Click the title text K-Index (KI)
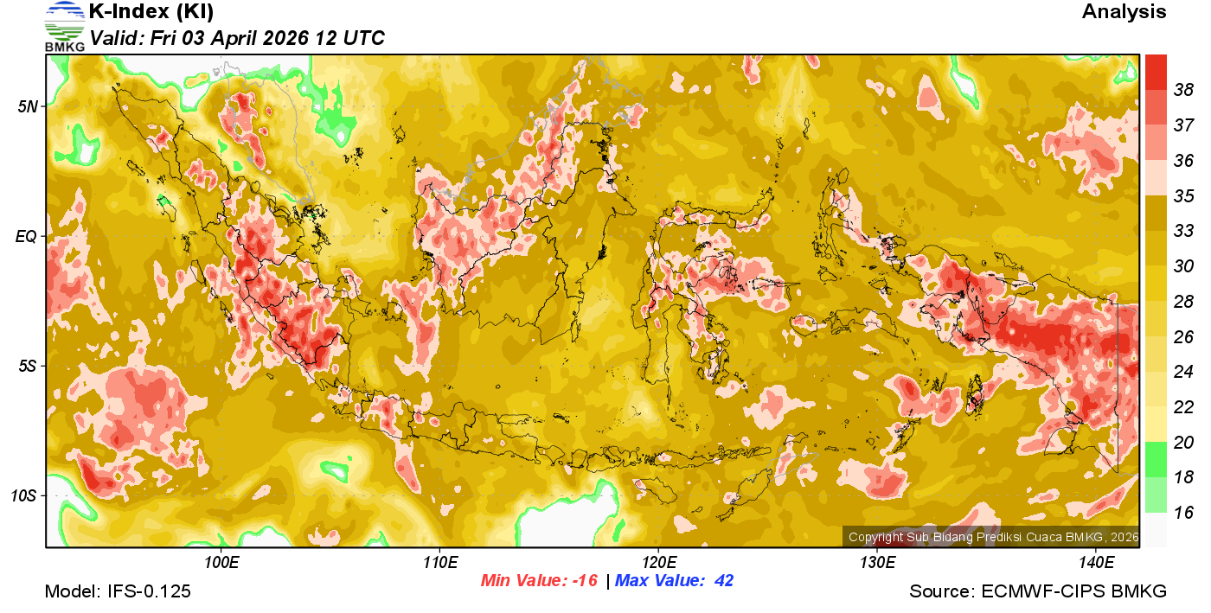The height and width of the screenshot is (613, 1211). [x=151, y=12]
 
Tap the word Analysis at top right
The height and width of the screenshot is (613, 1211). [x=1124, y=12]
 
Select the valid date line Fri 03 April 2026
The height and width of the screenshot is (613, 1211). [x=237, y=38]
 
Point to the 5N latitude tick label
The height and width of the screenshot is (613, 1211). [x=28, y=107]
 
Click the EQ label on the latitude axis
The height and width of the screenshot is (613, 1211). [x=27, y=236]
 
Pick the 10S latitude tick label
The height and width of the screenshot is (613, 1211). [x=24, y=496]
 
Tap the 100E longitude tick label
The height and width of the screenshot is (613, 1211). [x=221, y=563]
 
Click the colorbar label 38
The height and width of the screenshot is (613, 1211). [x=1183, y=89]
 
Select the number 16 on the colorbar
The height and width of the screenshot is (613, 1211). [x=1183, y=513]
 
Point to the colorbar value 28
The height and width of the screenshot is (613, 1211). [x=1183, y=301]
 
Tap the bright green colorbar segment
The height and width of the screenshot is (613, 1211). [x=1156, y=459]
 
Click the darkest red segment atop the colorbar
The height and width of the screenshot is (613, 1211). [x=1156, y=72]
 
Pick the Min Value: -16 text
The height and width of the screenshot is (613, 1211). [x=539, y=581]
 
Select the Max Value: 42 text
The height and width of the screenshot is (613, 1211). [x=674, y=581]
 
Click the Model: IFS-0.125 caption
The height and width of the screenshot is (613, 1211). [x=118, y=592]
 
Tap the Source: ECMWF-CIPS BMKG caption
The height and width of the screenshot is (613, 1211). [x=1038, y=592]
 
